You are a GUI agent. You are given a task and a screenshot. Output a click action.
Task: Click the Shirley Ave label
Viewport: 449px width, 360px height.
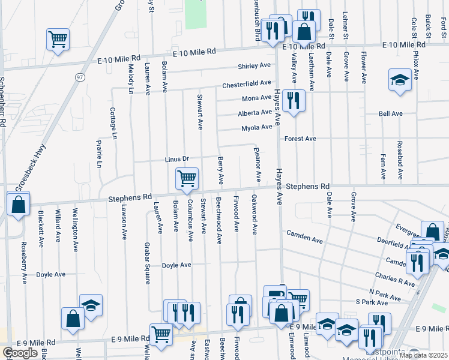[255, 66]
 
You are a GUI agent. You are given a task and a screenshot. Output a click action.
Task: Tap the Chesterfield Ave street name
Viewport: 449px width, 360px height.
[247, 84]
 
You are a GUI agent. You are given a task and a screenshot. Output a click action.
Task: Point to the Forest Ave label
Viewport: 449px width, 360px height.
[300, 139]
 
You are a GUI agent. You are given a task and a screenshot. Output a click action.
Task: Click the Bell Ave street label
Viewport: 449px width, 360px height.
[390, 113]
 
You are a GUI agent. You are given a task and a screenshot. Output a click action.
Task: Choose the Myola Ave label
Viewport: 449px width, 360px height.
[257, 128]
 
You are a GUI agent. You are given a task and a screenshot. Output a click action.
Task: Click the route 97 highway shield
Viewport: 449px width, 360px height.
[80, 77]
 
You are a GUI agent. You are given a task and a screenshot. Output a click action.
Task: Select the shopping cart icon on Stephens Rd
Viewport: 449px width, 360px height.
[187, 178]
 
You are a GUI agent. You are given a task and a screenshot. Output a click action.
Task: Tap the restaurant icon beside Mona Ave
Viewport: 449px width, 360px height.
[293, 100]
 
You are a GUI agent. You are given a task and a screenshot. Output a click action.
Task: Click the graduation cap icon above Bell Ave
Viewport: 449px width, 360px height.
[399, 80]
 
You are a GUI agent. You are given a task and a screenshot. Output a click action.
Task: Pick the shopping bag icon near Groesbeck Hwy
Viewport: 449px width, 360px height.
[19, 204]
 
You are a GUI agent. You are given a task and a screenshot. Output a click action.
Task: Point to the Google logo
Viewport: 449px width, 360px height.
[20, 353]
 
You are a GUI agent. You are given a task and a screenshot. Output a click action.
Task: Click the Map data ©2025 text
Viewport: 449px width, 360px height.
[423, 355]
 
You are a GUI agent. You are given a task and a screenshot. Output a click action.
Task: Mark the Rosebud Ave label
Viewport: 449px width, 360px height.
[399, 160]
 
